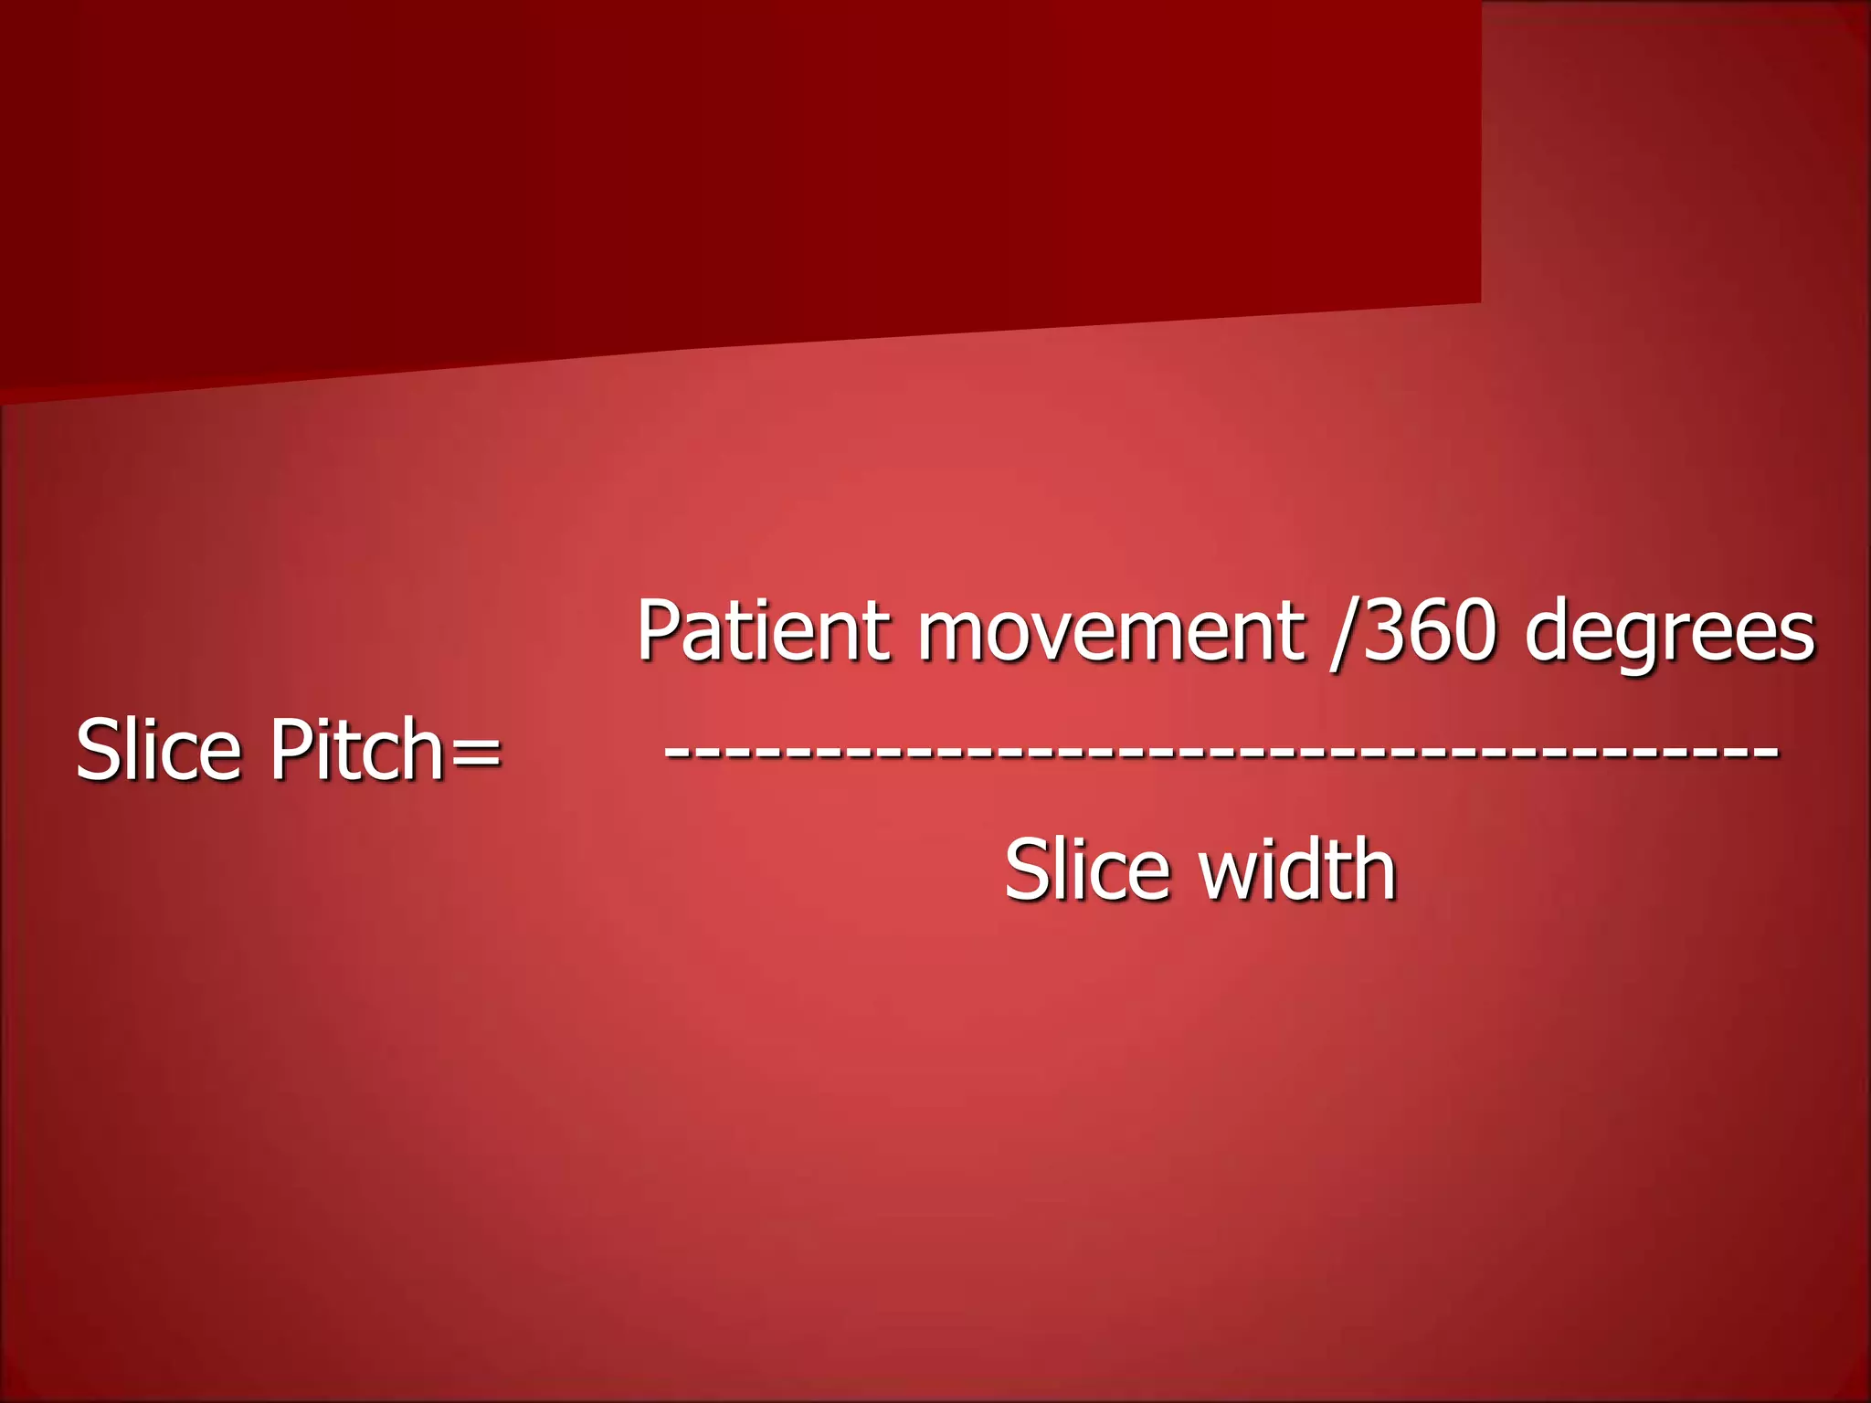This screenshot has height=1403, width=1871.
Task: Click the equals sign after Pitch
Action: pyautogui.click(x=475, y=754)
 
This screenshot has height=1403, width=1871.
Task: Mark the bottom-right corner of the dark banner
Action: pyautogui.click(x=1479, y=301)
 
